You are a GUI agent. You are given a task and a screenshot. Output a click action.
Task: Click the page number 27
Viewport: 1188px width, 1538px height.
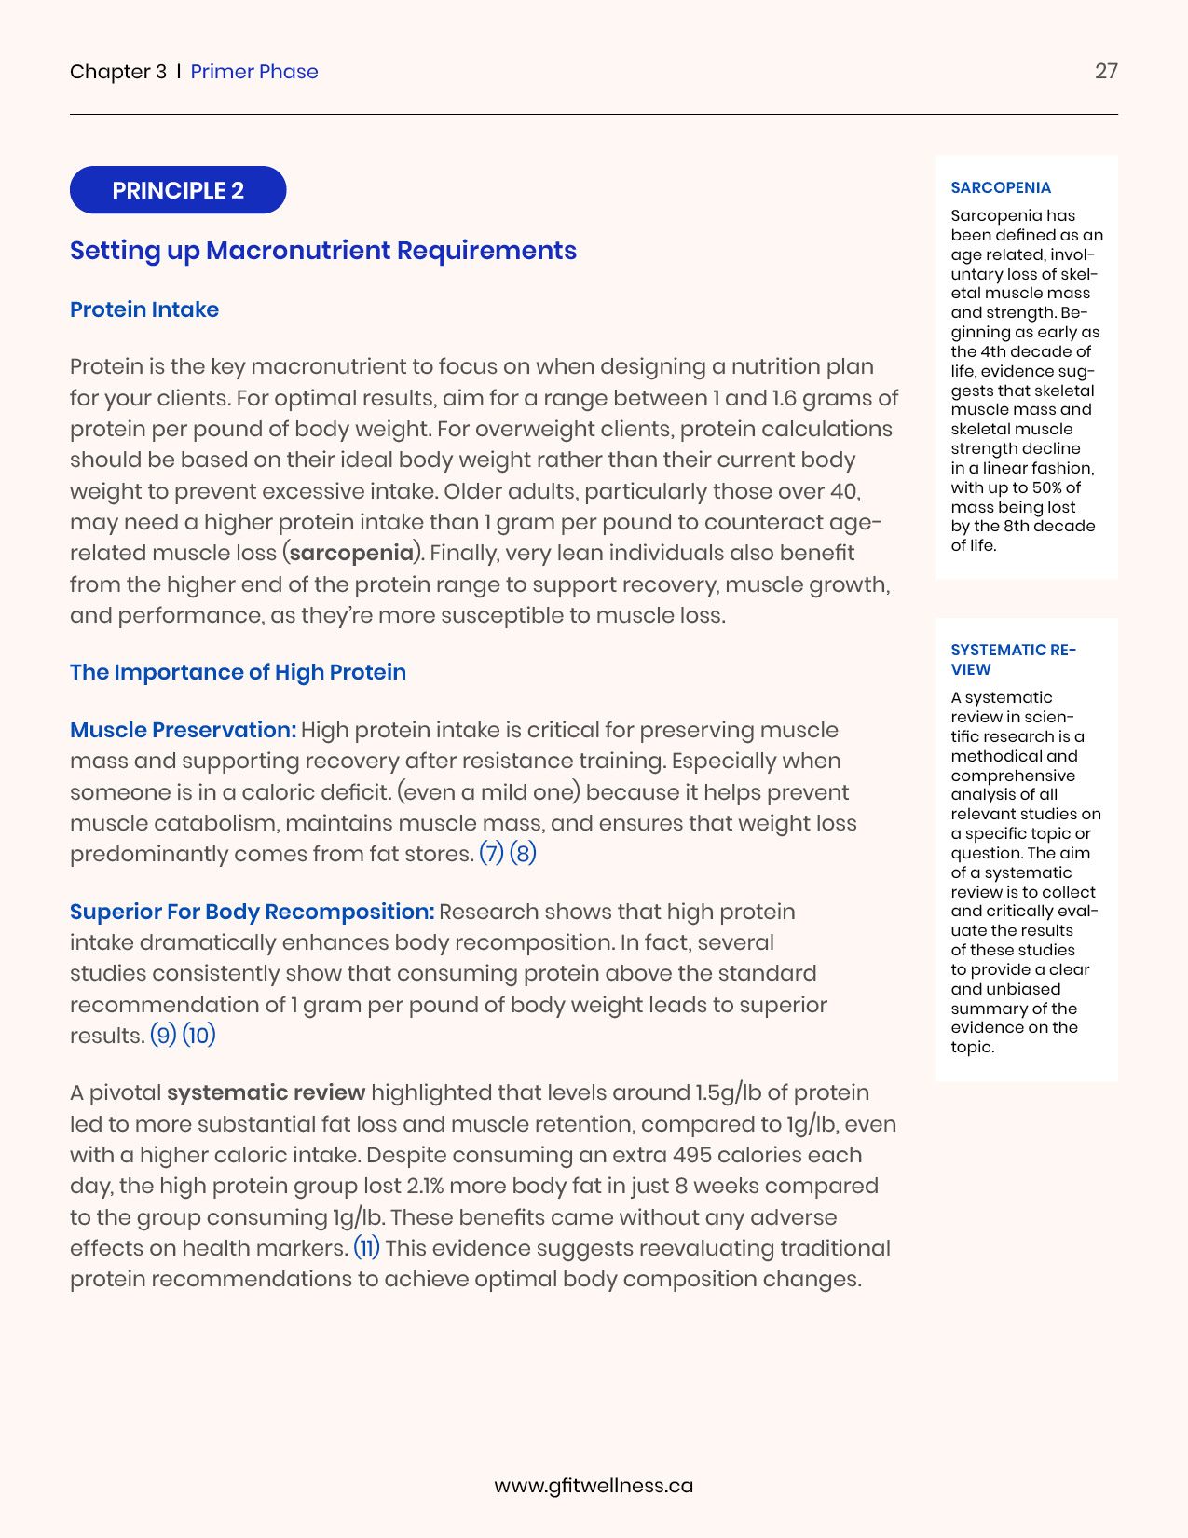(1106, 72)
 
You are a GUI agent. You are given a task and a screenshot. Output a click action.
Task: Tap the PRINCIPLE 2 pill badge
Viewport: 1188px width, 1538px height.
(178, 190)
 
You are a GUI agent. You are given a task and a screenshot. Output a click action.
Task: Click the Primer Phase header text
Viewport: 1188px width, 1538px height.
(254, 72)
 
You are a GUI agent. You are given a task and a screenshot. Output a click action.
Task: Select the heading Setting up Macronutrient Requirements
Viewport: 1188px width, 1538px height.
(323, 251)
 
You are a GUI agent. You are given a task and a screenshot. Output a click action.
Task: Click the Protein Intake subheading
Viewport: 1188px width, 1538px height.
(144, 309)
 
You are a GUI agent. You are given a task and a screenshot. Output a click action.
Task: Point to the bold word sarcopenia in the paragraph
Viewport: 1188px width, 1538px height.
(352, 553)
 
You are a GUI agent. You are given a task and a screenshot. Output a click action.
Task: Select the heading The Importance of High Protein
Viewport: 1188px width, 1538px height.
(238, 672)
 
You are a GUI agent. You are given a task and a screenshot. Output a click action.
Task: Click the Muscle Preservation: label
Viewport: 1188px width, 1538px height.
(184, 730)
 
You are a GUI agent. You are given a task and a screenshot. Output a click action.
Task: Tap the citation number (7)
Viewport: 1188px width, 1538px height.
(491, 854)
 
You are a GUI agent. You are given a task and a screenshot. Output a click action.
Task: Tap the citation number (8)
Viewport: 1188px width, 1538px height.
(523, 854)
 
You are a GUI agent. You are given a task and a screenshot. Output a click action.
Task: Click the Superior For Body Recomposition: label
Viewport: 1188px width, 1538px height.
(253, 912)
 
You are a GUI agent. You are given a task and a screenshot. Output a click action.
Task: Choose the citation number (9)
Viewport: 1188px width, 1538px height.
(163, 1036)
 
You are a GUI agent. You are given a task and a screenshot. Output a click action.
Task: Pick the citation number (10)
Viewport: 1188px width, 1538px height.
(198, 1036)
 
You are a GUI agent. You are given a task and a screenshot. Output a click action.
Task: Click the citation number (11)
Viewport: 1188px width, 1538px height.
(367, 1248)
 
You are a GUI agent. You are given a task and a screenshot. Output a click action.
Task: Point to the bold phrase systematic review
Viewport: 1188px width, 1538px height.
(266, 1092)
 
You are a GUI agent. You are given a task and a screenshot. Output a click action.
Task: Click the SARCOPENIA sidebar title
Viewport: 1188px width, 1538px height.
(1001, 188)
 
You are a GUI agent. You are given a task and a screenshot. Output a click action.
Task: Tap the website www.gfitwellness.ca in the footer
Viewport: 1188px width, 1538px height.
(594, 1486)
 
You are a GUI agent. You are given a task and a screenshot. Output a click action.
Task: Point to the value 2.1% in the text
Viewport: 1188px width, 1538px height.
(429, 1186)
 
